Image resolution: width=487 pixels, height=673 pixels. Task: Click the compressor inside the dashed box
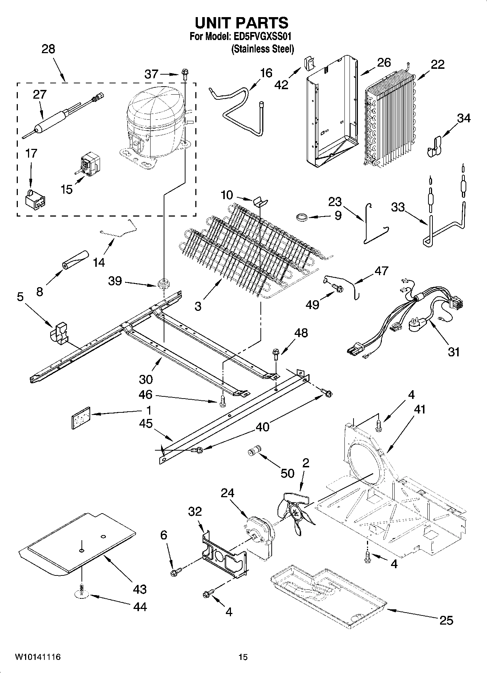pyautogui.click(x=155, y=122)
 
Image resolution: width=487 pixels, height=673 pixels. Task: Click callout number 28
pyautogui.click(x=48, y=49)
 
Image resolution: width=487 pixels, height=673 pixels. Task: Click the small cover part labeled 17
pyautogui.click(x=35, y=200)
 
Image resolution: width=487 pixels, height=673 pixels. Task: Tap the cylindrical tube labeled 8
pyautogui.click(x=75, y=260)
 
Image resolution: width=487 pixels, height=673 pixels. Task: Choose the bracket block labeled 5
pyautogui.click(x=59, y=332)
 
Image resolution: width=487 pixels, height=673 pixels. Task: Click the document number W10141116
pyautogui.click(x=37, y=657)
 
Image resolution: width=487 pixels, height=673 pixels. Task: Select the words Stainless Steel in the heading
pyautogui.click(x=262, y=49)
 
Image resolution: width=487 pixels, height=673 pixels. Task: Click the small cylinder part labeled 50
pyautogui.click(x=253, y=451)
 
